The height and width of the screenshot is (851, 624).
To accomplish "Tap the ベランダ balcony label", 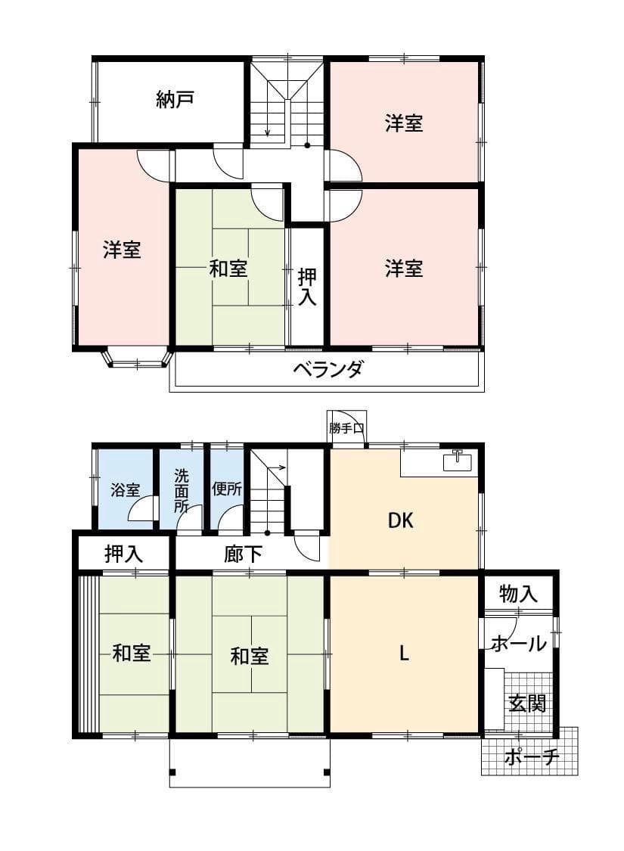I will [x=328, y=370].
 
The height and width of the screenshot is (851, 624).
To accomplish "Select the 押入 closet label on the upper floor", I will [x=306, y=286].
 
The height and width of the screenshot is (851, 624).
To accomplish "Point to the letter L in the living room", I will [x=405, y=654].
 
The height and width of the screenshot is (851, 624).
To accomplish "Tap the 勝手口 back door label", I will [x=347, y=428].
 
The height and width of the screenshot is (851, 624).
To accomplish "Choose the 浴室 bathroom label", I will [x=125, y=489].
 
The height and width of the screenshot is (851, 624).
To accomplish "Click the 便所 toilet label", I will [x=227, y=489].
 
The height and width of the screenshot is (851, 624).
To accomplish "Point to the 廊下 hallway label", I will [x=244, y=554].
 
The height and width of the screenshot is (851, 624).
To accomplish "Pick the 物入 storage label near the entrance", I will [x=519, y=595].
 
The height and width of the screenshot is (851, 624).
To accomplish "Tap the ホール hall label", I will [x=519, y=644].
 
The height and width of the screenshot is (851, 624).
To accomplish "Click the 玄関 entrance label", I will [x=526, y=703].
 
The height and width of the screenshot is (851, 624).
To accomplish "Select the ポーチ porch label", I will [x=531, y=756].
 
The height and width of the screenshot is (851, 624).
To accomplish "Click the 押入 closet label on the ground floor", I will [x=124, y=554].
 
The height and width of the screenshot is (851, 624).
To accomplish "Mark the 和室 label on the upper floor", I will [x=228, y=268].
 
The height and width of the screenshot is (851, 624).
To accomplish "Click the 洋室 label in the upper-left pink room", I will [x=122, y=250].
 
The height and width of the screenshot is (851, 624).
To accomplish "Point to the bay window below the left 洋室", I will [x=137, y=357].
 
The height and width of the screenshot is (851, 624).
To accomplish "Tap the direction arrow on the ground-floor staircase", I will [x=278, y=467].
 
